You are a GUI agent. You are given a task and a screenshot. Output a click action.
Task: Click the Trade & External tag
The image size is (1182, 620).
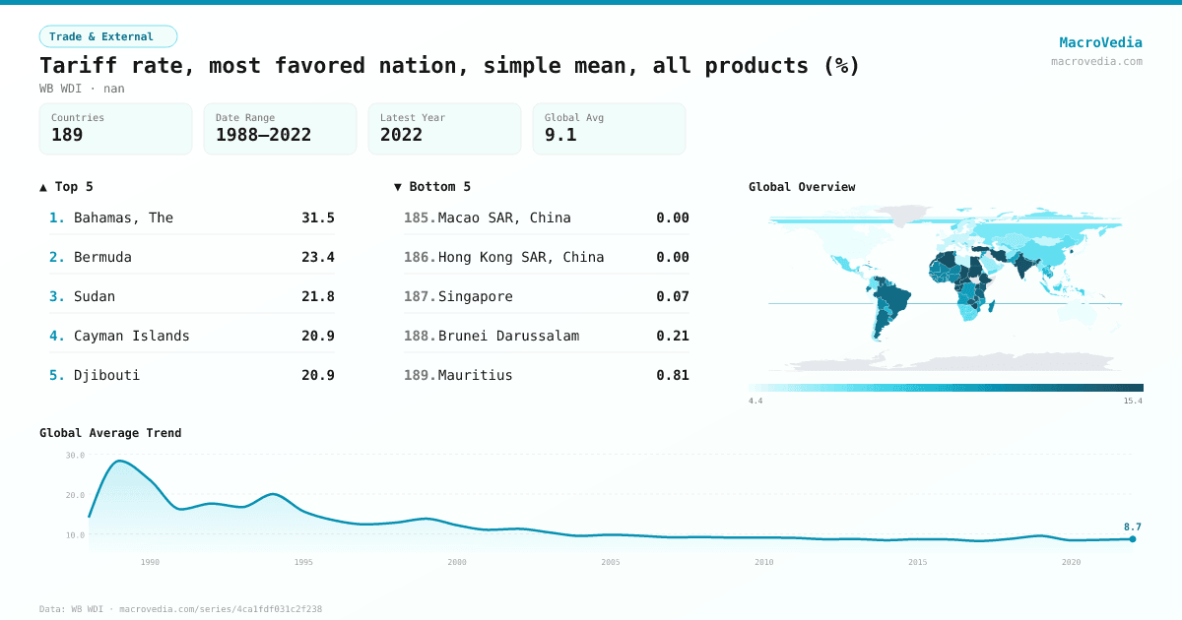point(108,36)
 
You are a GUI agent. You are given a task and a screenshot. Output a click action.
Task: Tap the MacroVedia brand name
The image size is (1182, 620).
point(1100,42)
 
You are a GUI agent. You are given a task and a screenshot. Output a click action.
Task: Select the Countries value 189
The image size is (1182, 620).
point(67,135)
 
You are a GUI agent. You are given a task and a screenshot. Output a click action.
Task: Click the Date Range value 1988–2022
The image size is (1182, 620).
point(263,135)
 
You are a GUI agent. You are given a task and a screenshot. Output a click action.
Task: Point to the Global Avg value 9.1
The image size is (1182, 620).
point(560,135)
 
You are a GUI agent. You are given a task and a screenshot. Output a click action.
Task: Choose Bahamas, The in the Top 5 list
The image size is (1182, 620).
point(123,217)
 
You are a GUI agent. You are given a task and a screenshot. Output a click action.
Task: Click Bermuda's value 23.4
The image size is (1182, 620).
point(318,257)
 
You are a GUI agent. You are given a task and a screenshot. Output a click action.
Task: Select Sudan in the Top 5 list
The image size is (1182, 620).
point(95,296)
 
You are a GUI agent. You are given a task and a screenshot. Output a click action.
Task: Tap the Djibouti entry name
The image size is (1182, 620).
point(106,375)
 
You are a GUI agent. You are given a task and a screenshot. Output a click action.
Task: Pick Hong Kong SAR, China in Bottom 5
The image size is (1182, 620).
point(521,257)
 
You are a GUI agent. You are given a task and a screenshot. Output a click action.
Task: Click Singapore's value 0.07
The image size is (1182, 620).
point(673,296)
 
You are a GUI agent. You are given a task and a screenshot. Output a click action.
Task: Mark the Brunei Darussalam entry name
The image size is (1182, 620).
point(508,336)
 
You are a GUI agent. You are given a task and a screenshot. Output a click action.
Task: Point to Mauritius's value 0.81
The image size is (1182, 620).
point(673,375)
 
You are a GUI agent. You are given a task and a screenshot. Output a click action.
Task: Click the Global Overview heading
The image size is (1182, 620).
point(802,187)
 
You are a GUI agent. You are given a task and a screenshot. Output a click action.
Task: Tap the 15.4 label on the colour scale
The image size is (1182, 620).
point(1133,402)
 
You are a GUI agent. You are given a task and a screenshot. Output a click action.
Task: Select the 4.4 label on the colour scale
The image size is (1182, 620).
point(756,402)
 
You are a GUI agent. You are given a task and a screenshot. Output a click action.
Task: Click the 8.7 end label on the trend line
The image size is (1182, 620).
point(1132,527)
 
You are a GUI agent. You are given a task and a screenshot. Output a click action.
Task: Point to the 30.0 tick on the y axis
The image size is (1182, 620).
point(75,456)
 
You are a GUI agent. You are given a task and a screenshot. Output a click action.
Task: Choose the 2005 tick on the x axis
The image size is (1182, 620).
point(611,562)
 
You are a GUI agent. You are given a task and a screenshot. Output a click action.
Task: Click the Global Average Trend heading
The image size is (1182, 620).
point(110,433)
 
